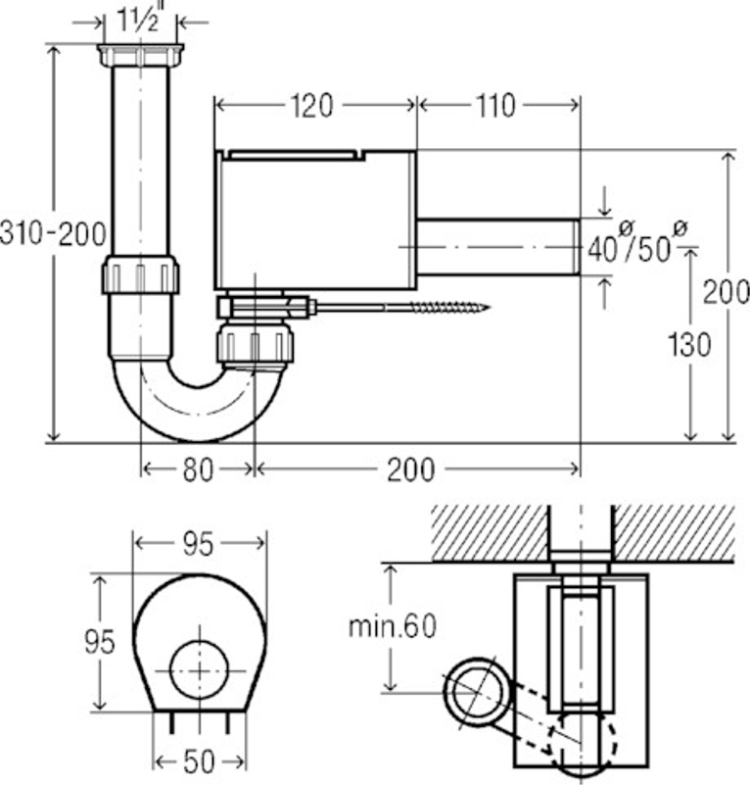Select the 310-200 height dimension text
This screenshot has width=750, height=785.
pyautogui.click(x=54, y=234)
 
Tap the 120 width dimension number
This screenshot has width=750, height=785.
pyautogui.click(x=313, y=105)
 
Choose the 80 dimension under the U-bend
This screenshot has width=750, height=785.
pyautogui.click(x=198, y=470)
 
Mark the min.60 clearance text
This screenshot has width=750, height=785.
pyautogui.click(x=392, y=626)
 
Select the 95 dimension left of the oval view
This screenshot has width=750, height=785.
pyautogui.click(x=97, y=642)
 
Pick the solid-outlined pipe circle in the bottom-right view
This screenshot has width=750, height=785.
pyautogui.click(x=477, y=693)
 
